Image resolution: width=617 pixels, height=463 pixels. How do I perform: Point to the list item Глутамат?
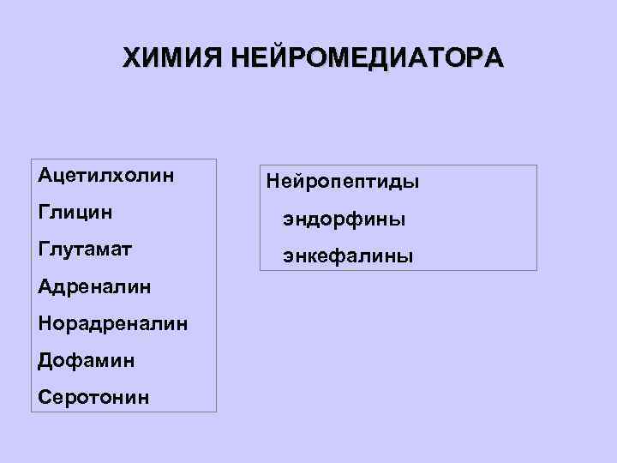pyautogui.click(x=86, y=249)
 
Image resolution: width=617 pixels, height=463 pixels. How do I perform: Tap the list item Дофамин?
pyautogui.click(x=86, y=360)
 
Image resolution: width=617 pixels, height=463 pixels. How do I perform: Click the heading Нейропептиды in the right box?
pyautogui.click(x=343, y=183)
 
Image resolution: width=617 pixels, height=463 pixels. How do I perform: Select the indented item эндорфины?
pyautogui.click(x=345, y=219)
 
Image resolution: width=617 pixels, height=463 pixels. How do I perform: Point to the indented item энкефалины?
pyautogui.click(x=349, y=256)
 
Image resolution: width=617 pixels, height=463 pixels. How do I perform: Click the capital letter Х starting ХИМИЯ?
pyautogui.click(x=132, y=58)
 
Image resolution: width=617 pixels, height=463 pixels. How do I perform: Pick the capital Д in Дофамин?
pyautogui.click(x=45, y=361)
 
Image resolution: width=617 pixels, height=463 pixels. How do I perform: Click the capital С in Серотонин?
pyautogui.click(x=45, y=397)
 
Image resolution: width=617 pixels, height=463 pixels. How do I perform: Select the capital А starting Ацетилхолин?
pyautogui.click(x=45, y=175)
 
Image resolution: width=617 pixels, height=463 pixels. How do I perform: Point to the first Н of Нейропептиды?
pyautogui.click(x=274, y=183)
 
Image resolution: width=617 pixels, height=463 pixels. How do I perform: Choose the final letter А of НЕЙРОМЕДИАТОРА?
pyautogui.click(x=494, y=58)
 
